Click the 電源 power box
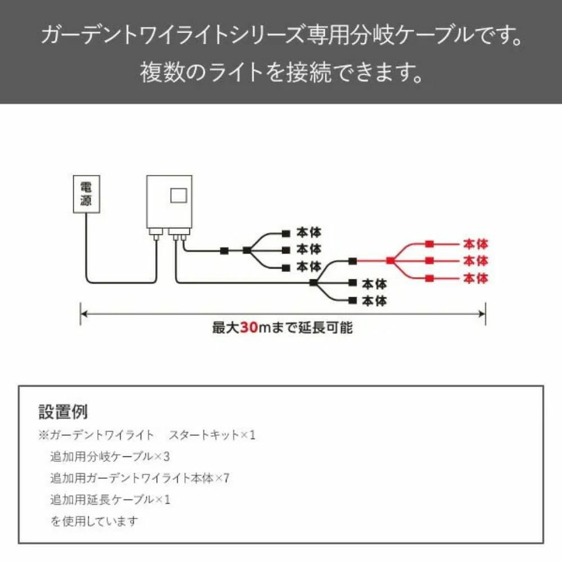tap(87, 194)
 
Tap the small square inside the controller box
tap(179, 196)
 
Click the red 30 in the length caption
tap(249, 327)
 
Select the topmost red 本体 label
tap(475, 244)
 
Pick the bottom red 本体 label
tap(475, 278)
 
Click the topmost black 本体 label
tap(309, 233)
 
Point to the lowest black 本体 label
tap(374, 301)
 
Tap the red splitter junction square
tap(391, 261)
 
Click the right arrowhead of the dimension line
tap(482, 314)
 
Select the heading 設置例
tap(63, 412)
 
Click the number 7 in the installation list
tap(226, 478)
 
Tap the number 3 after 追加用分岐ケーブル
tap(166, 456)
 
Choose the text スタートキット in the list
tap(203, 435)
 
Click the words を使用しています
tap(94, 521)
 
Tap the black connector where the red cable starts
tap(353, 261)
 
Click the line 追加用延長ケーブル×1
tap(110, 500)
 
